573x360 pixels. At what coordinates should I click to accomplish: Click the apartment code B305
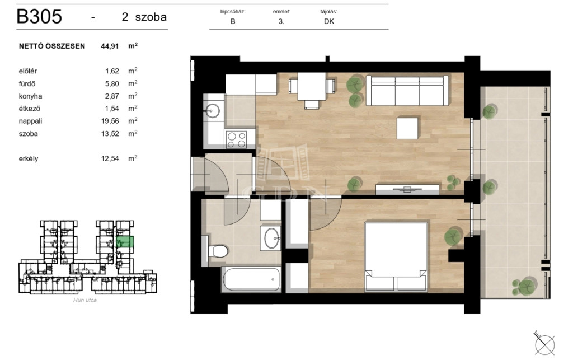click(x=40, y=17)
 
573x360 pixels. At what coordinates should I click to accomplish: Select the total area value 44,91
click(x=110, y=46)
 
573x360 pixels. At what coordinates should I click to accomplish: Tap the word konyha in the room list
click(x=30, y=96)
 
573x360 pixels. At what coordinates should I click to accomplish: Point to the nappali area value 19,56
click(x=110, y=121)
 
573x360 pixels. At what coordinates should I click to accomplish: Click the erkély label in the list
click(x=29, y=159)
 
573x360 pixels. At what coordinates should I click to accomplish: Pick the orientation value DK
click(x=329, y=22)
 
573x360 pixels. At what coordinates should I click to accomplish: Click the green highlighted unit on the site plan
click(x=125, y=242)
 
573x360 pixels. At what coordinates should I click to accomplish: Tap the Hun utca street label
click(x=85, y=300)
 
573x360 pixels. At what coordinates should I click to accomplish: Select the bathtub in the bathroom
click(x=251, y=279)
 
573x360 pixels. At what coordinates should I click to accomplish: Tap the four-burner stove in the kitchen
click(x=237, y=139)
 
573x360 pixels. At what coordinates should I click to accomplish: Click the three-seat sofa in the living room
click(x=407, y=91)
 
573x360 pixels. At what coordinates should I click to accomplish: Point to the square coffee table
click(x=407, y=128)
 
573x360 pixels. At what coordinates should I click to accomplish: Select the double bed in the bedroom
click(x=396, y=257)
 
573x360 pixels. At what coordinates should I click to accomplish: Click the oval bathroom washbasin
click(x=271, y=239)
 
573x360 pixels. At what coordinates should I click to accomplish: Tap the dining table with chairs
click(x=312, y=90)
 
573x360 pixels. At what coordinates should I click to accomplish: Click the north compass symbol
click(x=544, y=344)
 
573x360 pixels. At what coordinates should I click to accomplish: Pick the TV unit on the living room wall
click(x=407, y=189)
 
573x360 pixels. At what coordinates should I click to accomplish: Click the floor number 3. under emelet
click(x=281, y=22)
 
